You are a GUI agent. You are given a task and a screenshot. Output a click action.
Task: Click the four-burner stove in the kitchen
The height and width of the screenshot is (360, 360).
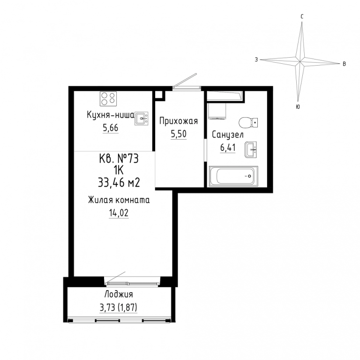[x=108, y=99]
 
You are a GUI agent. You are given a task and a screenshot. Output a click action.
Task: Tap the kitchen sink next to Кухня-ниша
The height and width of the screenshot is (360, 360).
[x=142, y=119]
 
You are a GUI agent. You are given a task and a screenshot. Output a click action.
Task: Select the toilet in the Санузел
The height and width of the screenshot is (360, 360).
[x=248, y=123]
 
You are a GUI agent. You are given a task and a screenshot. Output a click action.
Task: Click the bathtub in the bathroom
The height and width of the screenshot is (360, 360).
[x=233, y=176]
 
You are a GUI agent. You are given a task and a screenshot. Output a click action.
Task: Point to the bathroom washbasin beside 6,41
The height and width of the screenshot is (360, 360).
[x=250, y=150]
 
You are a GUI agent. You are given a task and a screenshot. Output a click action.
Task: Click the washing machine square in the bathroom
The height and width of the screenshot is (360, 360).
[x=217, y=111]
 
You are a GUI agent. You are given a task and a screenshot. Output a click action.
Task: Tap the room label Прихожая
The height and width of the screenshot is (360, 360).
[x=179, y=121]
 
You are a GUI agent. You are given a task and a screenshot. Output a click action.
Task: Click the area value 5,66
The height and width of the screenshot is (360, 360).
[x=111, y=128]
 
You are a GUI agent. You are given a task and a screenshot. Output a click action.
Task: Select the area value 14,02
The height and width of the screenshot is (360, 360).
[x=119, y=213]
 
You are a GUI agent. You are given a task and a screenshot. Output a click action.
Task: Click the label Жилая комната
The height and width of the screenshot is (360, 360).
[x=119, y=200]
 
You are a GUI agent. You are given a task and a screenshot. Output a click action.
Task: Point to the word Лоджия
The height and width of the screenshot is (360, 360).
[x=119, y=294]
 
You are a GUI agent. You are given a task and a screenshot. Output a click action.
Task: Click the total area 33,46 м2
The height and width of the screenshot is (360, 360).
[x=119, y=183]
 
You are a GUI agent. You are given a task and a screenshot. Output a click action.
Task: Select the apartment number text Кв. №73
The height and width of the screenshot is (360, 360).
[x=119, y=158]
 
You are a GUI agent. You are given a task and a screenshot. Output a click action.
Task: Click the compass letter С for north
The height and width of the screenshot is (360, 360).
[x=302, y=16]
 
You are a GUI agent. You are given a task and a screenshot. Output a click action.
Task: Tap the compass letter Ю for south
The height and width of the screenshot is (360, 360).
[x=298, y=107]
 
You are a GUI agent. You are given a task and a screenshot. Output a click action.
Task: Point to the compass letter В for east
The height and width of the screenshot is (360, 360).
[x=344, y=64]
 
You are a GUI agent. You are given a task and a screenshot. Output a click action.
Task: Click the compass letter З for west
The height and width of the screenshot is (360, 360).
[x=256, y=60]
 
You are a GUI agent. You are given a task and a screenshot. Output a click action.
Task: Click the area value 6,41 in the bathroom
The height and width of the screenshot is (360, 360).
[x=228, y=147]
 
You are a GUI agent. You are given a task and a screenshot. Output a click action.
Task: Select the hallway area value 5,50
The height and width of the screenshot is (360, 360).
[x=179, y=134]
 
